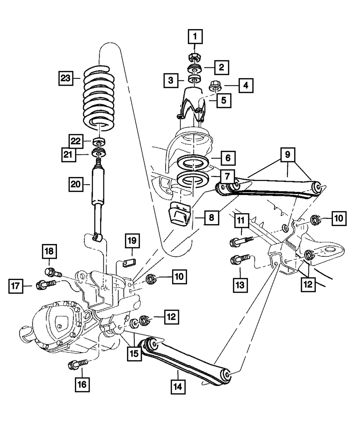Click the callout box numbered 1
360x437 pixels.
tap(195, 36)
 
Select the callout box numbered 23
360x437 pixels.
tap(66, 78)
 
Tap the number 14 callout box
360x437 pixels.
tap(178, 387)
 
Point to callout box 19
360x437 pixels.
tap(132, 241)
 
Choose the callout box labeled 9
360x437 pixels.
tap(288, 155)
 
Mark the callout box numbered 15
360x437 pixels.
tap(134, 354)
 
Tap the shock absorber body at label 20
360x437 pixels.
tap(98, 185)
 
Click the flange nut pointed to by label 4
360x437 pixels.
tap(215, 86)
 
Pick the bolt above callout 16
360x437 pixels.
tap(77, 364)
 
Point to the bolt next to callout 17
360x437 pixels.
tap(46, 285)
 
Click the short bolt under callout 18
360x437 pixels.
tap(53, 272)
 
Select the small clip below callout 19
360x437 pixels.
tap(129, 263)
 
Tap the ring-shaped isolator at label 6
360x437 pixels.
tap(193, 163)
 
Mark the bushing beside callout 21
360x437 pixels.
tap(99, 153)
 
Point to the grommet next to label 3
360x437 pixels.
tap(195, 80)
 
